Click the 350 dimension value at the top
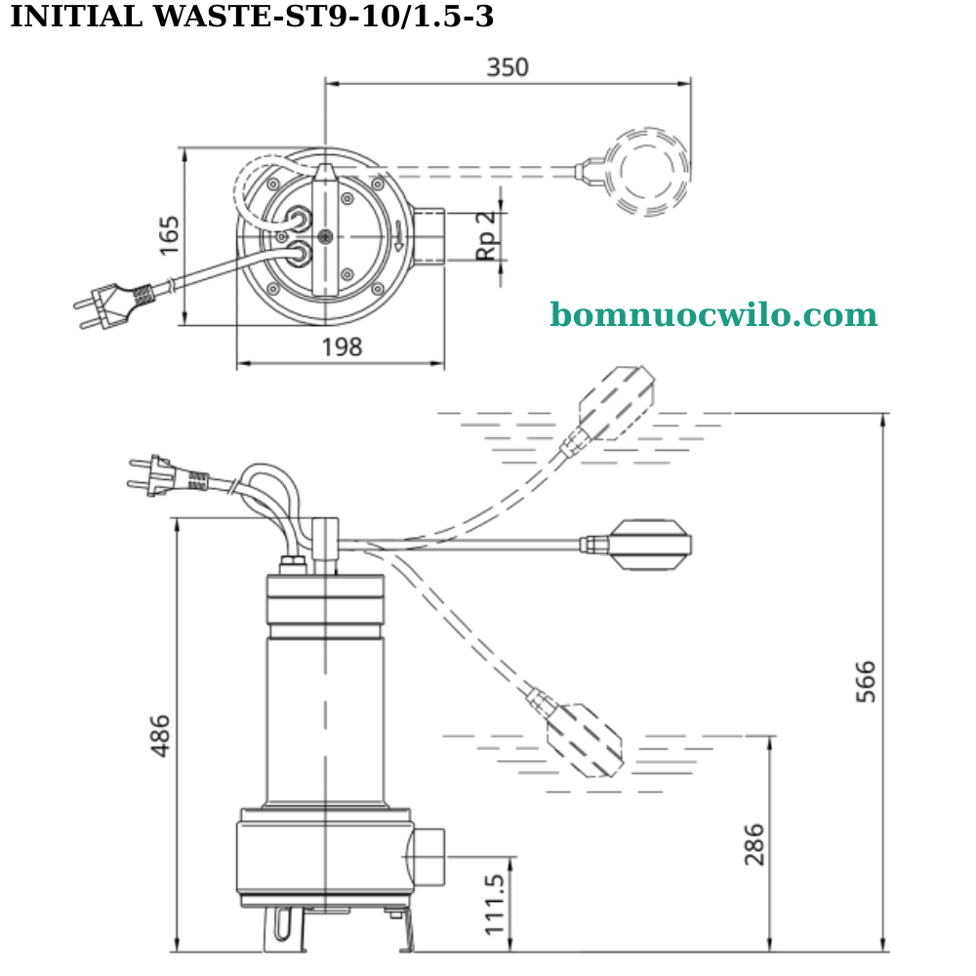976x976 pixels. pos(508,67)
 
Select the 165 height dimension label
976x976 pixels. pos(170,235)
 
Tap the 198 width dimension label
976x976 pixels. pos(341,347)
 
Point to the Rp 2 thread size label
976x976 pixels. pos(486,235)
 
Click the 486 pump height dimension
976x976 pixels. pos(160,735)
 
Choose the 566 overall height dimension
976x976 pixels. pos(866,681)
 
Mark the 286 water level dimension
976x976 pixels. pos(754,844)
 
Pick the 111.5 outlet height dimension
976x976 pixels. pos(496,904)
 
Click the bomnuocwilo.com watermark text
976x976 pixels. pos(713,315)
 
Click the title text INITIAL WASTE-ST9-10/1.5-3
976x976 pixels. pos(252,17)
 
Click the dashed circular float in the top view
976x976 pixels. pos(646,172)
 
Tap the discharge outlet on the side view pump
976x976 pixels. pos(426,856)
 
